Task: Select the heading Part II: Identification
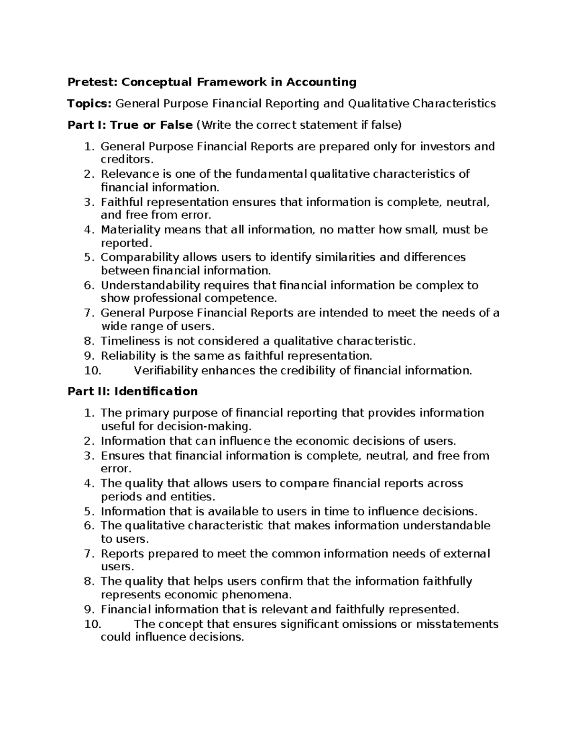(x=133, y=391)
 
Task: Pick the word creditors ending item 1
(x=127, y=160)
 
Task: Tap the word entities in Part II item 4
(x=196, y=497)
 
